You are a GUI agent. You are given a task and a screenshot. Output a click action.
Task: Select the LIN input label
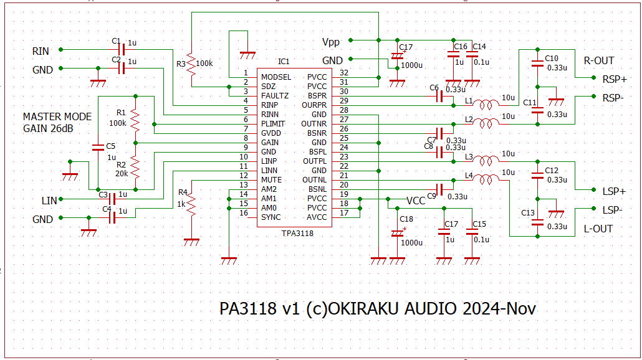click(x=49, y=201)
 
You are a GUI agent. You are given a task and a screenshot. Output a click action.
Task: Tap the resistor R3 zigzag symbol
click(x=192, y=63)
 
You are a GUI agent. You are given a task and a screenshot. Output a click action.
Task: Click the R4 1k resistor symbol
click(x=192, y=205)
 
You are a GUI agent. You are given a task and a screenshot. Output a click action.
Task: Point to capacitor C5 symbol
click(x=97, y=148)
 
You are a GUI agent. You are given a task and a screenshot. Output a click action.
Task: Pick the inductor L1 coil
click(x=486, y=104)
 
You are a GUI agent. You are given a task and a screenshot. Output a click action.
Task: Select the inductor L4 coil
click(x=486, y=180)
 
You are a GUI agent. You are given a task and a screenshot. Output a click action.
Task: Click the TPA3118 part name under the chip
click(x=296, y=234)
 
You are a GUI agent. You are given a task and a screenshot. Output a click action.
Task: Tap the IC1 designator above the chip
click(x=284, y=62)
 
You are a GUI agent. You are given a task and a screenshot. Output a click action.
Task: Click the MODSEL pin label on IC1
click(x=276, y=77)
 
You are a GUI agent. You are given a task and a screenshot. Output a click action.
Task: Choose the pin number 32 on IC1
click(x=344, y=73)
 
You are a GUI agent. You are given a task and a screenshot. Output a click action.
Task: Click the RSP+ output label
click(x=614, y=79)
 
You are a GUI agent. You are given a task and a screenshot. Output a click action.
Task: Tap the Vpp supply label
click(x=332, y=42)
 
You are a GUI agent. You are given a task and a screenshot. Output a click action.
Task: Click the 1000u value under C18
click(x=411, y=243)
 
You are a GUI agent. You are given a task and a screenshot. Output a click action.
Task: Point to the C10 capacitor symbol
click(x=536, y=62)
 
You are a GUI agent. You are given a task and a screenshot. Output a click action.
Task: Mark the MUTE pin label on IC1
click(x=271, y=179)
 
